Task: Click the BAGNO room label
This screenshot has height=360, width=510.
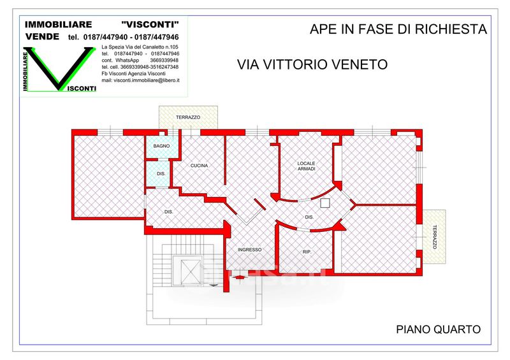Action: coord(161,146)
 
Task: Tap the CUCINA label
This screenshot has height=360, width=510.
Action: coord(199,166)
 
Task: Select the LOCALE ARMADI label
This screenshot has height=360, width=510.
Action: coord(307,166)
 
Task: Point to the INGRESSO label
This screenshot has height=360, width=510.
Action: coord(249,250)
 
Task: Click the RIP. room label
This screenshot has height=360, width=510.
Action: coord(307,252)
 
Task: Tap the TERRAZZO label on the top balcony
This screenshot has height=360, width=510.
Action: coord(188,117)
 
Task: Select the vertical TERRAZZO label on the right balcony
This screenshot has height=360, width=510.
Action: coord(435,237)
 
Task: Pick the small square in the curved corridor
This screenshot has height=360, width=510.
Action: coord(325,203)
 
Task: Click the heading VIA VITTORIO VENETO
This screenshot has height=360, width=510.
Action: coord(312,64)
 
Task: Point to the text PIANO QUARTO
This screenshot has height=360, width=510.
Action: coord(438,329)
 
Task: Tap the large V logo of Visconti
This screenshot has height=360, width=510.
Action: coord(59,69)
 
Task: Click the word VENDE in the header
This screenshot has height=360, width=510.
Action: coord(42,37)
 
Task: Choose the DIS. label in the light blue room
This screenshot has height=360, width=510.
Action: coord(161,174)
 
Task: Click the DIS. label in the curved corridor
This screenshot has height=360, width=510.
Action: coord(309,217)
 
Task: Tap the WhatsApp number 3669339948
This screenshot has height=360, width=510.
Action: coord(164,60)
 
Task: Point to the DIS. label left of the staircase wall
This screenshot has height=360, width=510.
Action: coord(168,212)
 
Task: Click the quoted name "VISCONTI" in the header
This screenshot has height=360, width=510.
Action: coord(150,24)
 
